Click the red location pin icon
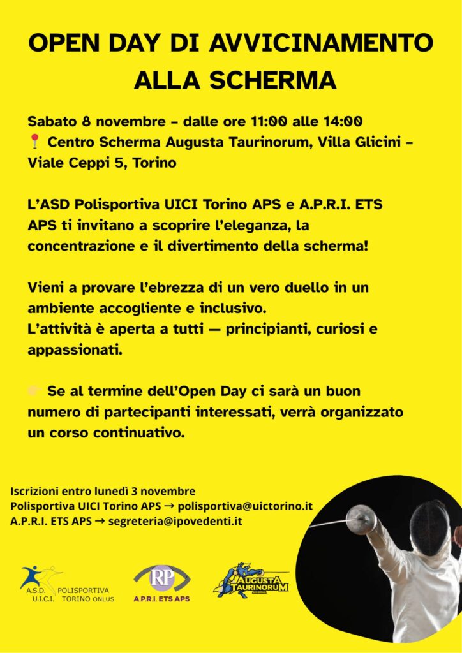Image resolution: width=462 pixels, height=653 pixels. point(34,142)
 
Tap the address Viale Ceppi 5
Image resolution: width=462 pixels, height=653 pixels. point(75,163)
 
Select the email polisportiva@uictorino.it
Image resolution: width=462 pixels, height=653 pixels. point(245,506)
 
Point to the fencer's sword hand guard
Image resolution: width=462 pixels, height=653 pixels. point(362,517)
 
